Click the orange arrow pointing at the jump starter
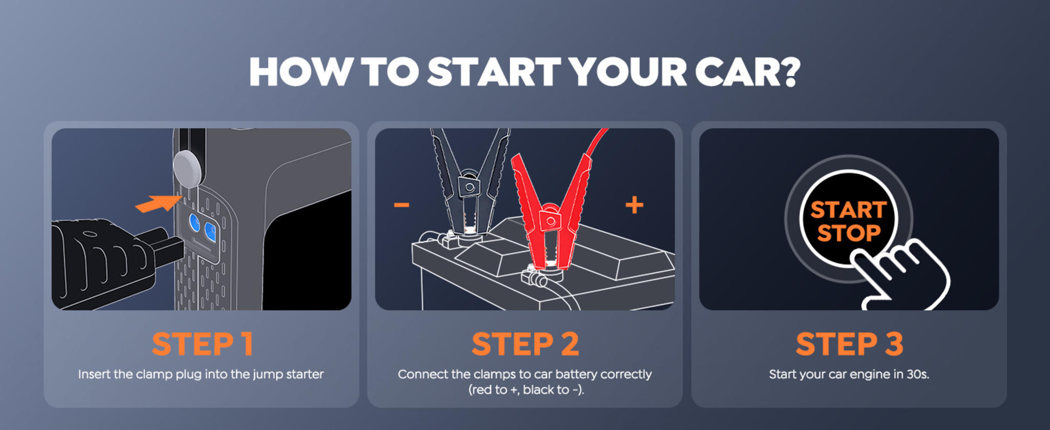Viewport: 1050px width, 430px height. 159,203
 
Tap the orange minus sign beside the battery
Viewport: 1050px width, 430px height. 401,206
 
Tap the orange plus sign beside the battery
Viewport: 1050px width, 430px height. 634,205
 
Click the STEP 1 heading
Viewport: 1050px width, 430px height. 203,344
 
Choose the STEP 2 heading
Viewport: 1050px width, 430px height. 525,344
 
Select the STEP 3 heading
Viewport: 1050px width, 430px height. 849,344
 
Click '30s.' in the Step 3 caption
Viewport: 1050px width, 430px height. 917,374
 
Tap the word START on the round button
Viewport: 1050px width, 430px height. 849,210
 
